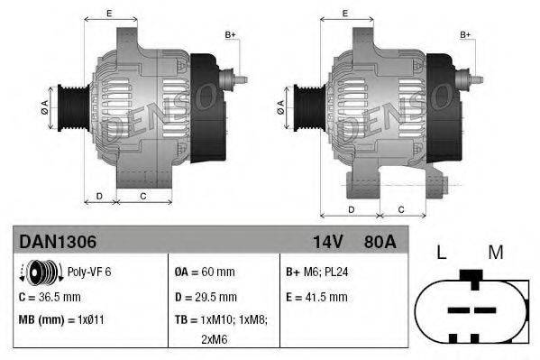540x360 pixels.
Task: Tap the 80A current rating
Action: click(x=378, y=242)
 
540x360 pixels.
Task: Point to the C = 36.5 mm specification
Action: click(x=50, y=296)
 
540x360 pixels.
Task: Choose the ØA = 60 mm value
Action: click(x=206, y=271)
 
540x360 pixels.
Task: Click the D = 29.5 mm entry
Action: click(x=206, y=296)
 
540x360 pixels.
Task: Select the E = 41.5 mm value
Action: click(x=316, y=296)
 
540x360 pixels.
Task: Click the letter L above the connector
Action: click(x=441, y=253)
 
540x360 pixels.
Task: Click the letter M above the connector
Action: click(x=495, y=253)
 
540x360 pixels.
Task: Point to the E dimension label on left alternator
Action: click(x=109, y=13)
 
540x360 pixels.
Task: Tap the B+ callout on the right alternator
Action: click(x=466, y=35)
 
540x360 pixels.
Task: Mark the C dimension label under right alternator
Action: click(x=401, y=209)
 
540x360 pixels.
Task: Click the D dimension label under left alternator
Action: click(x=99, y=196)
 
